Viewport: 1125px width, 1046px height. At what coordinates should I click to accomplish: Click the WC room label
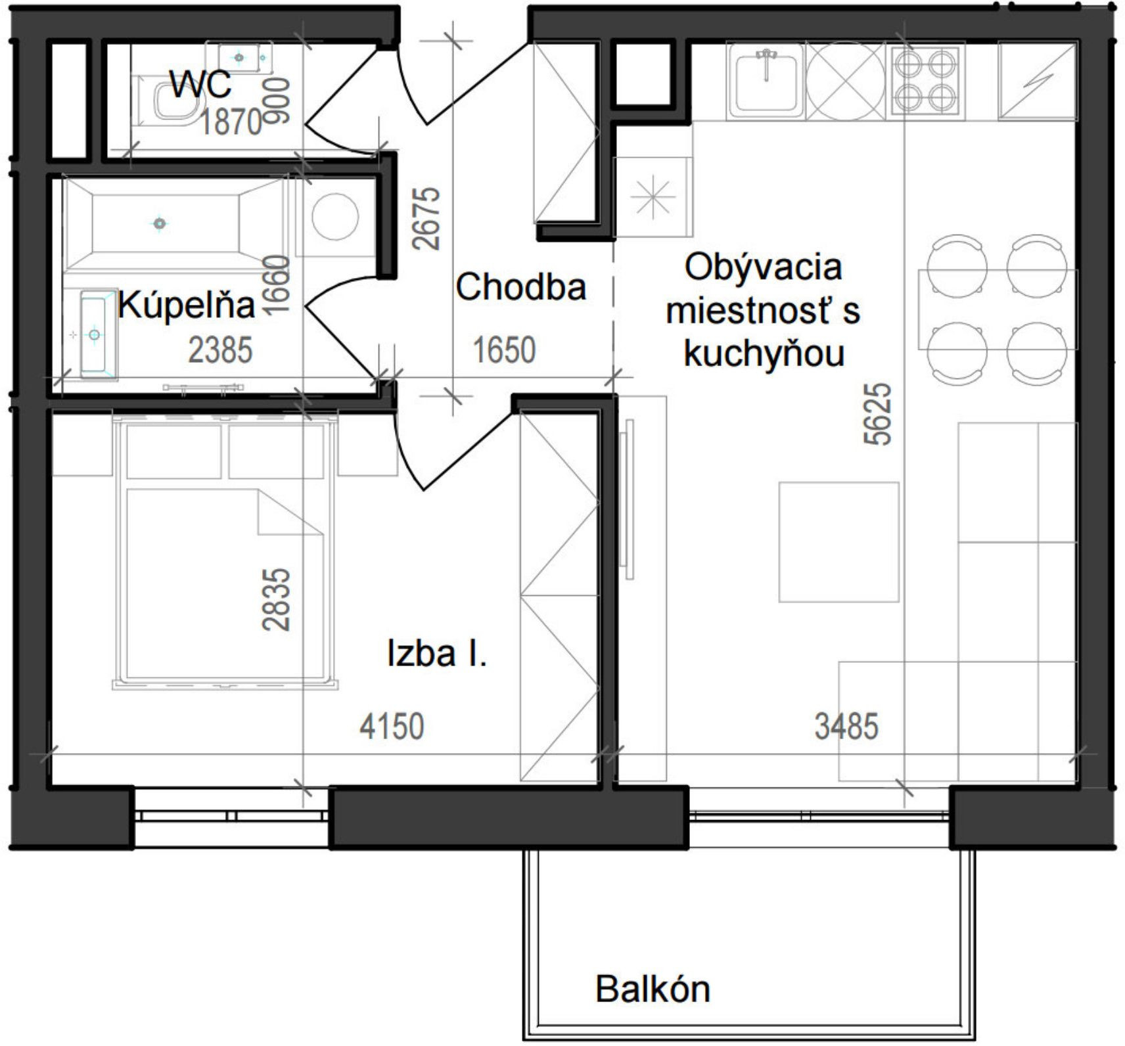(x=200, y=84)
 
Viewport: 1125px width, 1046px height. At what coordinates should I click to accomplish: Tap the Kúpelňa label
(x=187, y=306)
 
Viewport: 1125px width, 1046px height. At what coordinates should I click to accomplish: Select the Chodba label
(x=520, y=287)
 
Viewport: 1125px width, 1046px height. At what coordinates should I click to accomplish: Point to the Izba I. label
(x=437, y=654)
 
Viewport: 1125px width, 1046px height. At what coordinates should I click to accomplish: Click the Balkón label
(x=653, y=989)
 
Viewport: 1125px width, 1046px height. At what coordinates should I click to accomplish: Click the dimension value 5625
(x=879, y=415)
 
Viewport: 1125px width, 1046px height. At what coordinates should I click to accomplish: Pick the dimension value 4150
(x=392, y=727)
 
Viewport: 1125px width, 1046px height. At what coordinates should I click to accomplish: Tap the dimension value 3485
(x=846, y=727)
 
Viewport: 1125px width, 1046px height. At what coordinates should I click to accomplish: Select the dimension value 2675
(x=427, y=218)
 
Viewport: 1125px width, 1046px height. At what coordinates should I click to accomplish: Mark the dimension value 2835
(x=276, y=599)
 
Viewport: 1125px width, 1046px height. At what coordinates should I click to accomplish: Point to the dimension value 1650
(x=505, y=350)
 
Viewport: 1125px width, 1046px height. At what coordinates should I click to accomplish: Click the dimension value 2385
(x=220, y=350)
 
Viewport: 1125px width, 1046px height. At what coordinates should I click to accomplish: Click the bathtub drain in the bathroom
(x=159, y=223)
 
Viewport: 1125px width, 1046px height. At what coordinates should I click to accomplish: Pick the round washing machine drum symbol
(x=335, y=216)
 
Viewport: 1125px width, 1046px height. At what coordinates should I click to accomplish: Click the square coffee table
(x=838, y=542)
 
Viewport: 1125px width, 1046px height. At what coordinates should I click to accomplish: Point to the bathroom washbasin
(x=95, y=336)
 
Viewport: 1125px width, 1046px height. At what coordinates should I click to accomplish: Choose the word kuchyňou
(x=764, y=354)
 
